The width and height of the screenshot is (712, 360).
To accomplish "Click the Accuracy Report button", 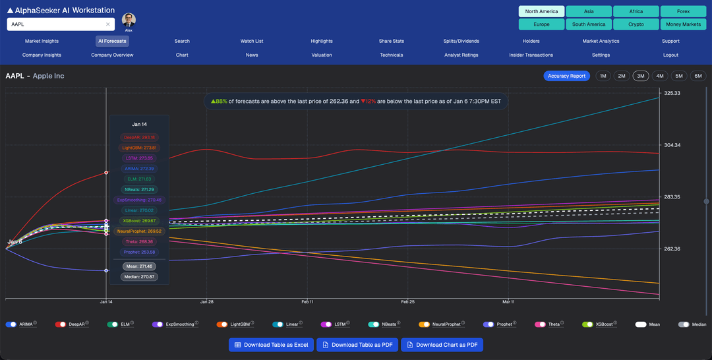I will click(x=567, y=76).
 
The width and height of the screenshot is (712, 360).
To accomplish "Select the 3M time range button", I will click(x=640, y=76).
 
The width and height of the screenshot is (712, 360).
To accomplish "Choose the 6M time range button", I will click(x=697, y=76).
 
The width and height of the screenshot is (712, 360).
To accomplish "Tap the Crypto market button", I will click(x=636, y=24).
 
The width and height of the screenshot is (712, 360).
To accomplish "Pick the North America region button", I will click(x=541, y=11).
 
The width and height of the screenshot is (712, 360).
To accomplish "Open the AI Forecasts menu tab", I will click(x=112, y=41).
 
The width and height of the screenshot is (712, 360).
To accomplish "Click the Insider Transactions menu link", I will click(x=531, y=55).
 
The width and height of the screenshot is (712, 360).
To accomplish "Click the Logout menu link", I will click(x=670, y=55).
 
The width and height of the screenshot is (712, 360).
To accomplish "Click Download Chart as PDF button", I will click(x=442, y=345).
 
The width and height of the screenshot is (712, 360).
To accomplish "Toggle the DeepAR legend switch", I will click(x=61, y=324).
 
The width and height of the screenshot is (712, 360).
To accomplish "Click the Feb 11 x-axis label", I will click(x=307, y=301).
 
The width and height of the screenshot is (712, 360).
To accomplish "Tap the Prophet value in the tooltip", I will click(x=139, y=252).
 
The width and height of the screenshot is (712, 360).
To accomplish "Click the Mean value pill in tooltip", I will click(x=139, y=266).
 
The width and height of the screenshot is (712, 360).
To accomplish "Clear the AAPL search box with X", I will click(x=108, y=24).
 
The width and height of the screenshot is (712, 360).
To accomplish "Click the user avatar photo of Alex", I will click(x=129, y=19).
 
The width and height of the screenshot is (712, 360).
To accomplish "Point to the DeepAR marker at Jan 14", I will click(x=106, y=173).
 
